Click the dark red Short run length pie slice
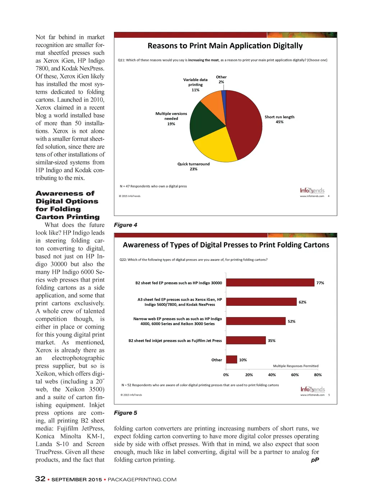(244, 122)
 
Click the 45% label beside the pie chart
(279, 122)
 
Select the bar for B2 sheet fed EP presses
(270, 283)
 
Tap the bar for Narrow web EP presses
(256, 321)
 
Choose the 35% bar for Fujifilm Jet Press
(246, 340)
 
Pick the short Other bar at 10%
(231, 359)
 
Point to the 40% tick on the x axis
(272, 375)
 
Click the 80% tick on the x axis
(318, 375)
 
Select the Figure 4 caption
(125, 225)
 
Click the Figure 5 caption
(125, 413)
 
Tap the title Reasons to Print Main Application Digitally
(225, 46)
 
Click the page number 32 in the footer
(40, 479)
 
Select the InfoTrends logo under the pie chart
(312, 190)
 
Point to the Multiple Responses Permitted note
(295, 366)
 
